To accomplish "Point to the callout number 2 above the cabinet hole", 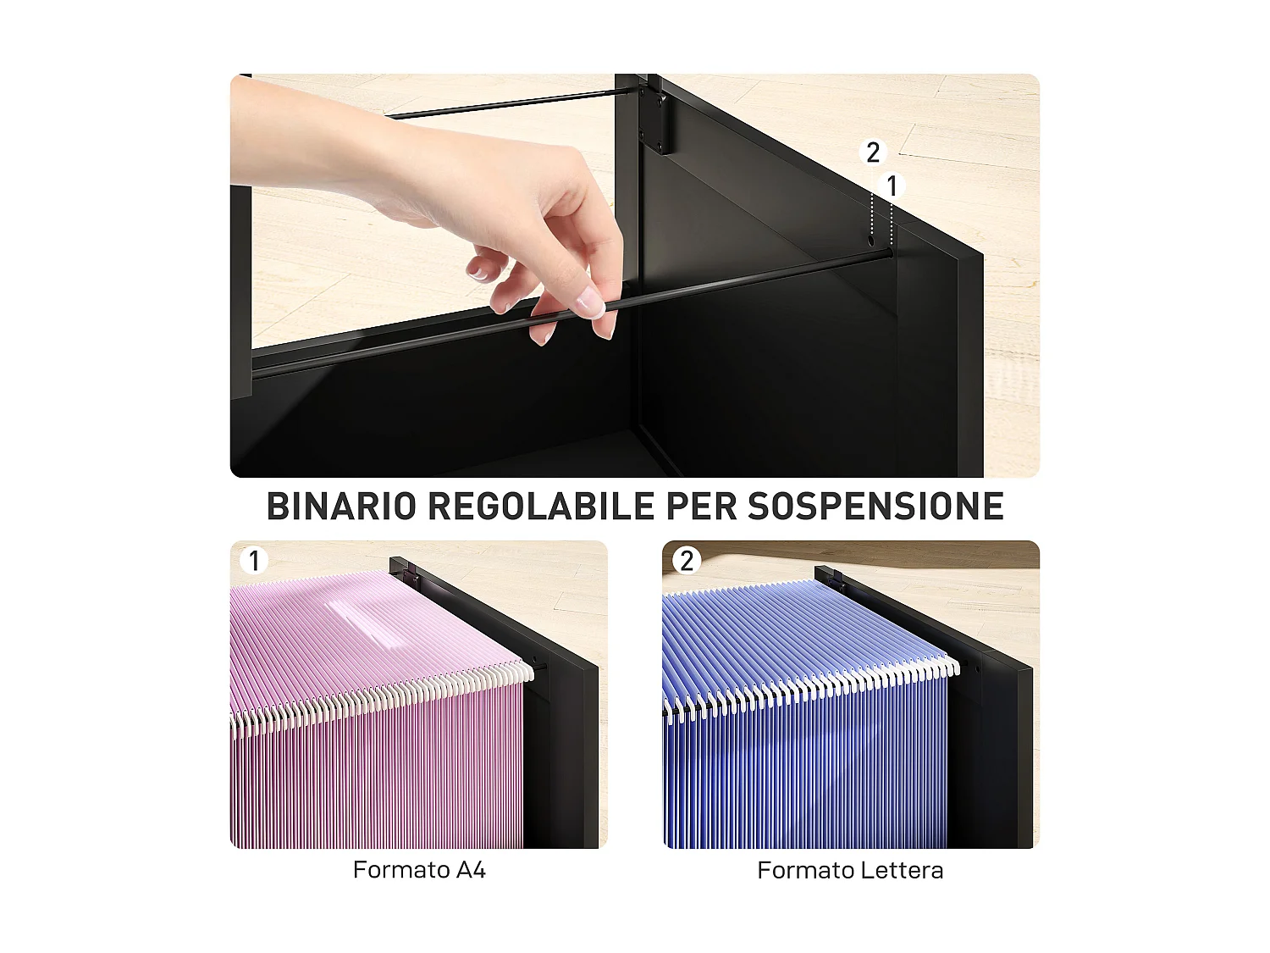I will click(x=873, y=152).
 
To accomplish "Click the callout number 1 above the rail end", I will click(x=892, y=186).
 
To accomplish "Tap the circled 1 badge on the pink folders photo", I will click(x=254, y=560).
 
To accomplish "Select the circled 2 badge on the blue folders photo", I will click(x=687, y=560).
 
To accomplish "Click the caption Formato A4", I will click(x=419, y=870).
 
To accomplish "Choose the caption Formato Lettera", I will click(x=850, y=870).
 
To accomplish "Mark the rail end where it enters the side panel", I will click(x=888, y=252).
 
